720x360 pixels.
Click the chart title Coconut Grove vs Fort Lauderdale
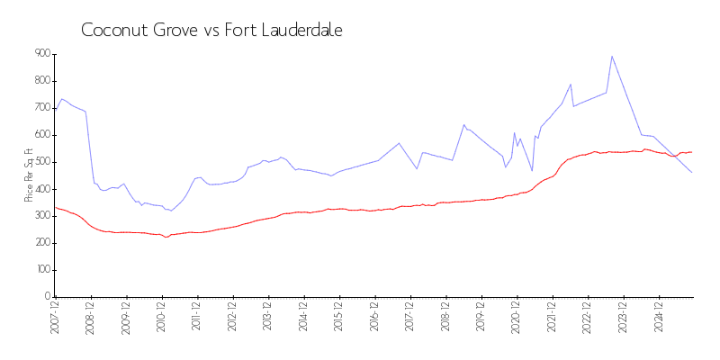click(211, 30)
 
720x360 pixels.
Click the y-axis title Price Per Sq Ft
click(28, 175)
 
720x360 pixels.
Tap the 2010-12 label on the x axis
click(162, 319)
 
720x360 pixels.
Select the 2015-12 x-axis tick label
click(339, 319)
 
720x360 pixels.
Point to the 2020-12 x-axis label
click(517, 319)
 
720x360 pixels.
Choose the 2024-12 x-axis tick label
click(659, 319)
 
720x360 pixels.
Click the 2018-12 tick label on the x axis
click(445, 319)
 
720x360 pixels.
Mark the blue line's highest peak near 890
click(612, 56)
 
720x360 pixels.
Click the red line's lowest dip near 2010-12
click(166, 237)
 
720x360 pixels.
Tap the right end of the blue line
click(691, 172)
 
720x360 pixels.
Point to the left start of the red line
click(55, 207)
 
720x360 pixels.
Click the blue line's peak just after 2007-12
click(62, 99)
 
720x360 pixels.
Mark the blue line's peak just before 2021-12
click(571, 85)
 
